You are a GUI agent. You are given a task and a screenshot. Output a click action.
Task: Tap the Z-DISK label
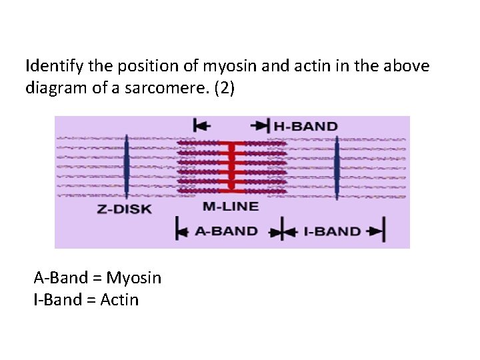point(125,209)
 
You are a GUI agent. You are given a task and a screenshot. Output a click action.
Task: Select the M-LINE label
point(230,207)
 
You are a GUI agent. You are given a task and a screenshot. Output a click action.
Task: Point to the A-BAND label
point(226,231)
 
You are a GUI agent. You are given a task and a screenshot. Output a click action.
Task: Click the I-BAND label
point(332,231)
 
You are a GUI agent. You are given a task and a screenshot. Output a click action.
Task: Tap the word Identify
point(51,66)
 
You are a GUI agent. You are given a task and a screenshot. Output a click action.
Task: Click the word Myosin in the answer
point(133,277)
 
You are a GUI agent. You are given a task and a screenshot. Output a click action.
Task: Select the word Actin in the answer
point(119,300)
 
